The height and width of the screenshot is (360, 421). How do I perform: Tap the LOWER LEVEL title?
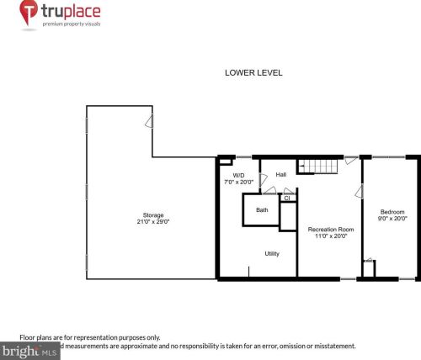[253, 72]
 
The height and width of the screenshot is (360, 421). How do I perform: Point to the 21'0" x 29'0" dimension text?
[152, 222]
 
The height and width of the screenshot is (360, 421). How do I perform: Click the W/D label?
[238, 175]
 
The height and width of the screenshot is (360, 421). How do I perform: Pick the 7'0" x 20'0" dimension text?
[238, 182]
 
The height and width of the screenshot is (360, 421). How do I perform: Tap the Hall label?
[281, 175]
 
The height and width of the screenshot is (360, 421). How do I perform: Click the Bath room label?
[262, 210]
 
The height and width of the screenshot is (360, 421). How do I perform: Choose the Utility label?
[272, 253]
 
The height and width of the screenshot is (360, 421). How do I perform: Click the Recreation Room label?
[330, 229]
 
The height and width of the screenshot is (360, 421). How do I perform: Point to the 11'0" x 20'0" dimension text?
[330, 236]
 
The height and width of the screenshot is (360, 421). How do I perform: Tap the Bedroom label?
[392, 211]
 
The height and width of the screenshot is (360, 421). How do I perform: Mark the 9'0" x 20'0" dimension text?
[392, 219]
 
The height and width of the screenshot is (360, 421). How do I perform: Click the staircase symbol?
[319, 165]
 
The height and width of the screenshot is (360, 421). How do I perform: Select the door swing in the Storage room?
[148, 122]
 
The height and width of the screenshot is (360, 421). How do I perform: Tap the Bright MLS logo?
[29, 347]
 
